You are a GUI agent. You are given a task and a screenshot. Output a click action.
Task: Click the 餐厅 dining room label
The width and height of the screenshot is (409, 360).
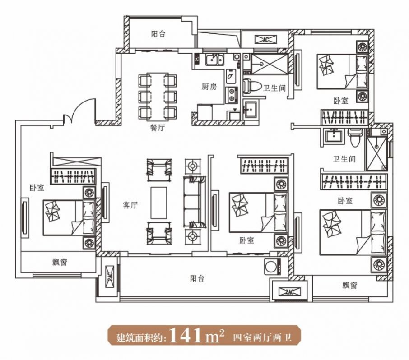click(157, 128)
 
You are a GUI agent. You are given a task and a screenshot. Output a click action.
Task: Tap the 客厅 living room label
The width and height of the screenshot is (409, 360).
click(130, 205)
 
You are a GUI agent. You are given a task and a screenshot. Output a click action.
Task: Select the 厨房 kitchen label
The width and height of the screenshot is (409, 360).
click(209, 87)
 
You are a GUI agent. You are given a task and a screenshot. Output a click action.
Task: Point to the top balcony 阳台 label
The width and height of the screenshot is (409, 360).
click(158, 34)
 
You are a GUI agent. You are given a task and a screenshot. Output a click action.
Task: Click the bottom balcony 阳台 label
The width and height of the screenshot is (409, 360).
click(197, 279)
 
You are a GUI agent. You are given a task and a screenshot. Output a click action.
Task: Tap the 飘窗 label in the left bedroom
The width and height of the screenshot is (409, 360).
click(60, 262)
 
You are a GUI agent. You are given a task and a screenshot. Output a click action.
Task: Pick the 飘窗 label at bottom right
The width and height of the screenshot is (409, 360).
click(349, 286)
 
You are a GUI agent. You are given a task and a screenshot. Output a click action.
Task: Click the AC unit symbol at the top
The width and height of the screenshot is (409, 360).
click(265, 40)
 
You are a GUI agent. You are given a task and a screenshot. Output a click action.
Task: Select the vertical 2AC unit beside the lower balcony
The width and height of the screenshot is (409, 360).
click(110, 277)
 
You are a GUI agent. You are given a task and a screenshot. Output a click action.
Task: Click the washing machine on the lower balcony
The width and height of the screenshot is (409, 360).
click(273, 267)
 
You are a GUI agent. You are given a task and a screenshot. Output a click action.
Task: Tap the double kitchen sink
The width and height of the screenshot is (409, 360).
click(214, 60)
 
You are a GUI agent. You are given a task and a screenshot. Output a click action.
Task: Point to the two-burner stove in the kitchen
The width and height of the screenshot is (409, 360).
click(232, 94)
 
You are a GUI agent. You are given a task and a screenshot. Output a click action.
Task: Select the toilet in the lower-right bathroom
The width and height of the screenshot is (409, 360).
click(355, 137)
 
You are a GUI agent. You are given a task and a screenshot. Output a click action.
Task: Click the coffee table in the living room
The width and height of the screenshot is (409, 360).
click(158, 203)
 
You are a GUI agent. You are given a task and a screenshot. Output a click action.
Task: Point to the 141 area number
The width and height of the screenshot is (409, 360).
click(186, 335)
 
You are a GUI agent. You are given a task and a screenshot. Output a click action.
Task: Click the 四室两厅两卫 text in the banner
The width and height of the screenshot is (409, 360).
click(262, 337)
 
